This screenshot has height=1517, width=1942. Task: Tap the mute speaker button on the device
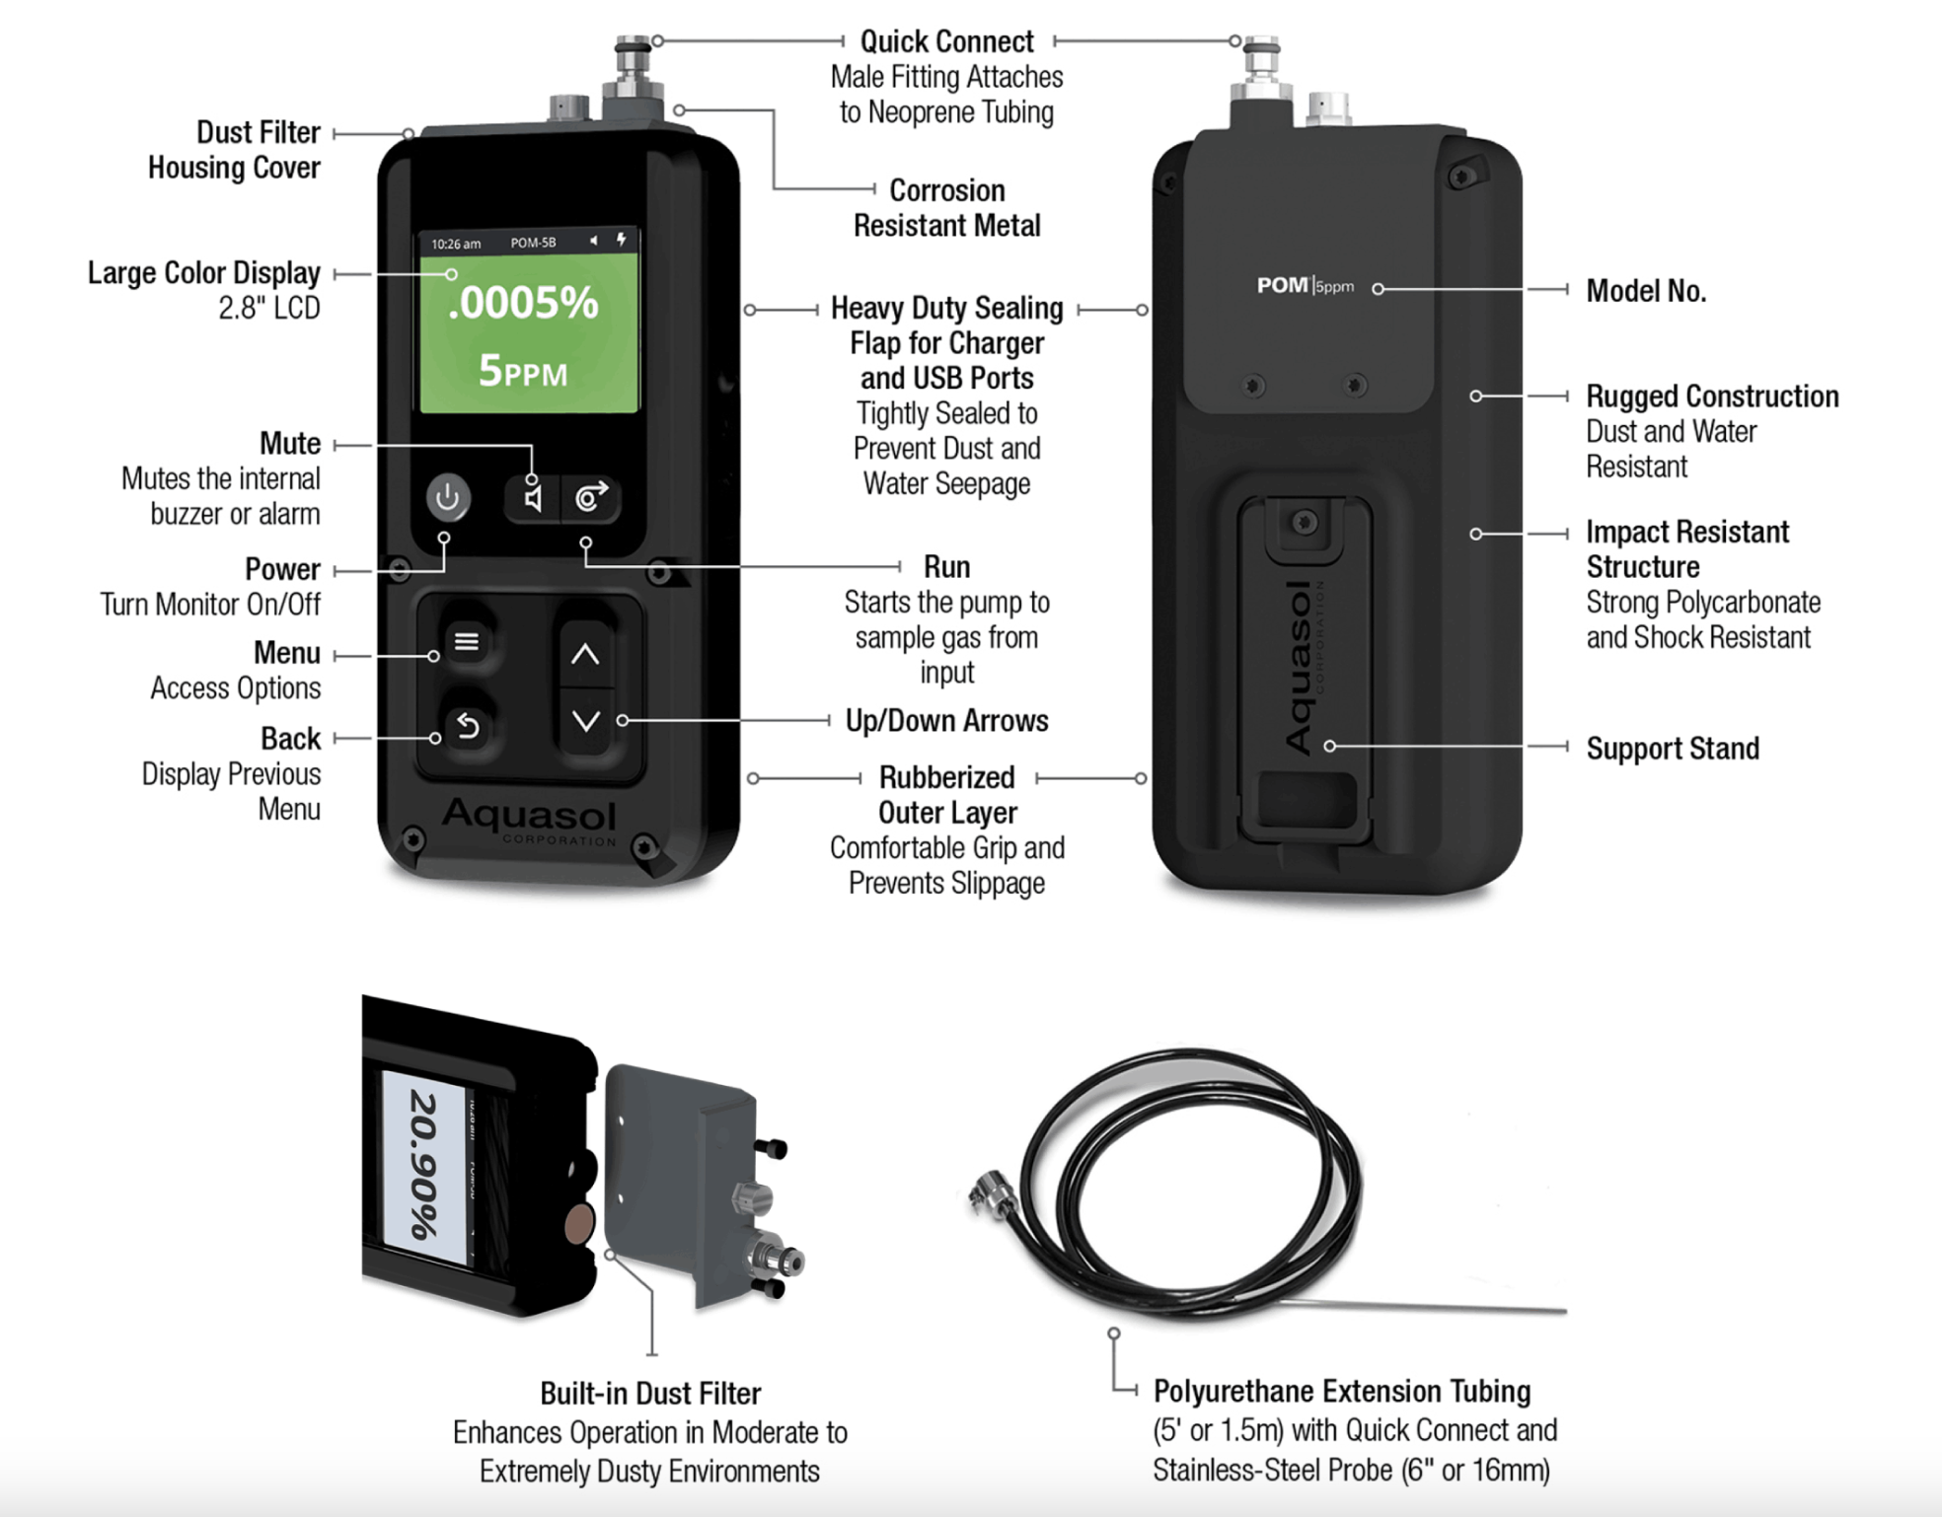click(533, 498)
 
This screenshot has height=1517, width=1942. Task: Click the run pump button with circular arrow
click(591, 497)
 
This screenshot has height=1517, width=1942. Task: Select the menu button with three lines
click(467, 642)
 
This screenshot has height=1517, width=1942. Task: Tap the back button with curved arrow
click(468, 727)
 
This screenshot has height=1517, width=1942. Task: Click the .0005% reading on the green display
click(523, 303)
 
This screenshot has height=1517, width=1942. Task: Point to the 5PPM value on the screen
click(523, 372)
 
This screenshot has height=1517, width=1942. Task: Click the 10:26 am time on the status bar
click(456, 244)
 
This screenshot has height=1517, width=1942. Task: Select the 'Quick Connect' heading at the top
click(946, 41)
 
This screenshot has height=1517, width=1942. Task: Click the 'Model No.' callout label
click(1646, 291)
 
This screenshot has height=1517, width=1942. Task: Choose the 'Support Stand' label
click(1673, 749)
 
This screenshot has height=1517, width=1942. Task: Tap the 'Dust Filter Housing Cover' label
click(235, 150)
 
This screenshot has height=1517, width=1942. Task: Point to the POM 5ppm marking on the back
click(1305, 286)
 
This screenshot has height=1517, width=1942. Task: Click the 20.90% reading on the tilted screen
click(424, 1164)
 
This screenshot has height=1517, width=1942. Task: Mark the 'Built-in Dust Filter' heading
click(650, 1393)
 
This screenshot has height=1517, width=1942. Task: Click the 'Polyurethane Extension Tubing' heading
click(1342, 1391)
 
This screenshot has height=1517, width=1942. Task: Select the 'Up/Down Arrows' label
click(946, 721)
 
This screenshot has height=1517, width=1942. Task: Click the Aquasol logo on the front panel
click(530, 816)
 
